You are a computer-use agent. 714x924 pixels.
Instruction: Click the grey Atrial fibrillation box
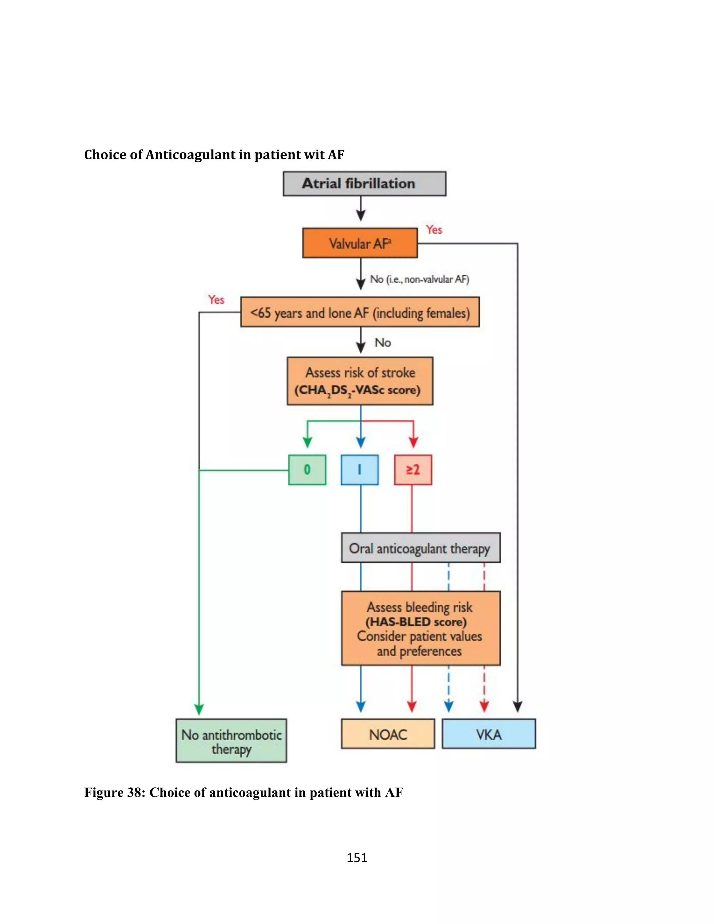tap(364, 184)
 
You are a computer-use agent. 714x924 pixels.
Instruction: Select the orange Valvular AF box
tap(359, 243)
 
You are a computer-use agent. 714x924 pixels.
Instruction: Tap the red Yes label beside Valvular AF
tap(434, 230)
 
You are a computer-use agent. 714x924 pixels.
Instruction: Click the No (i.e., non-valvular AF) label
tap(419, 279)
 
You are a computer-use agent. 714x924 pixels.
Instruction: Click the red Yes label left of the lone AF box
tap(216, 300)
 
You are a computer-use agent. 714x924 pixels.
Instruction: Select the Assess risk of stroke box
tap(359, 381)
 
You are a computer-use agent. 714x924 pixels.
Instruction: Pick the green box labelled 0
tap(307, 470)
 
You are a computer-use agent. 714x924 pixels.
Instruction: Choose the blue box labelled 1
tap(359, 470)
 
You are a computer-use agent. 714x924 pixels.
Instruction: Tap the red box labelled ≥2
tap(413, 470)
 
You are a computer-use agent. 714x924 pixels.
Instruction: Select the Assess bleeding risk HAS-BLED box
tap(420, 628)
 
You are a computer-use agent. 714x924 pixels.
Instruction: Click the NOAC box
tap(388, 734)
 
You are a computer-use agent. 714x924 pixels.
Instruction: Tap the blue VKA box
tap(488, 734)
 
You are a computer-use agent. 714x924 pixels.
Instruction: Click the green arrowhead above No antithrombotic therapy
tap(199, 709)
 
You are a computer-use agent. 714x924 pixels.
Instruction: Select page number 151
tap(357, 858)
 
